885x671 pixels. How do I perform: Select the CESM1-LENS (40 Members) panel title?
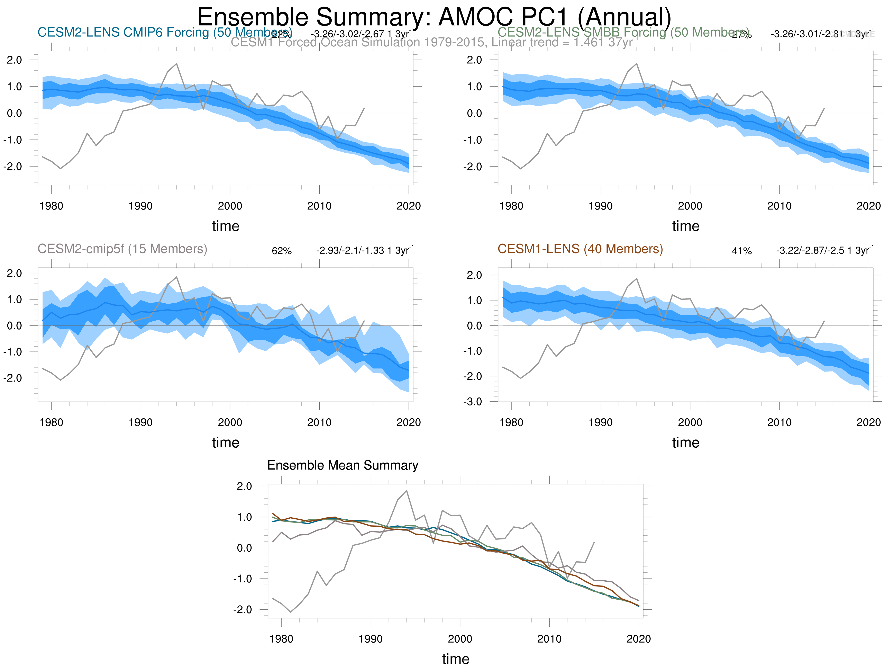point(580,249)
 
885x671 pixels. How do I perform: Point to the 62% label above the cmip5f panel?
point(282,251)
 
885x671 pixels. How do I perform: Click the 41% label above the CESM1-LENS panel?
point(742,251)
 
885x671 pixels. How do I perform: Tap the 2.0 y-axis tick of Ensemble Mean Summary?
point(244,486)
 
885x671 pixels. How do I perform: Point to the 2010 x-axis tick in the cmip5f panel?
point(319,422)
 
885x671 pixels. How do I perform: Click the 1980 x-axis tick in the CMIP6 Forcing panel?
point(51,206)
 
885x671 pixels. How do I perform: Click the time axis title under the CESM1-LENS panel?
point(685,442)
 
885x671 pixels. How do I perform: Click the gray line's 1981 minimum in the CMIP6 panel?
point(60,169)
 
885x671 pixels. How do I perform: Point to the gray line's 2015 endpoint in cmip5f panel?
point(364,321)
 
